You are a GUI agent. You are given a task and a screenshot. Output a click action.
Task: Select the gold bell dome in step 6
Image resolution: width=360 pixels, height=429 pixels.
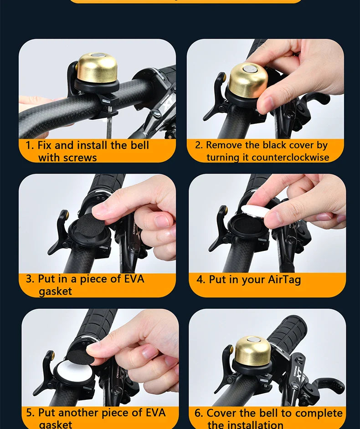click(x=252, y=350)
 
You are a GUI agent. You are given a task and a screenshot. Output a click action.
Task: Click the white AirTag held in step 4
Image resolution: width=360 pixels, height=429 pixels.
click(x=257, y=211)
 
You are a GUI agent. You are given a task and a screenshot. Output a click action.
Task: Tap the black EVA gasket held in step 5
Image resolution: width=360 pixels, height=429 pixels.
click(x=82, y=355)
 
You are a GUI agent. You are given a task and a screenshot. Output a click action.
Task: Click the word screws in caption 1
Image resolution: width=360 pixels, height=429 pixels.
click(x=80, y=158)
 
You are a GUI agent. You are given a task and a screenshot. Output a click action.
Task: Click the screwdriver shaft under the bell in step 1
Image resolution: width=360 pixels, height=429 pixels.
click(x=109, y=128)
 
